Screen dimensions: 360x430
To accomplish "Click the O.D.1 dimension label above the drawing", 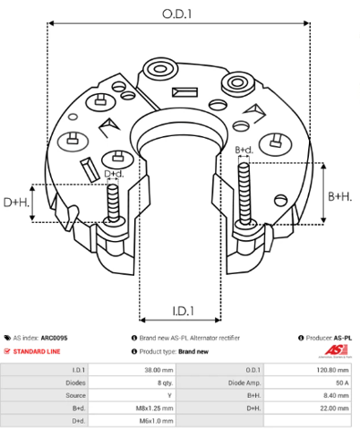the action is tap(176, 14).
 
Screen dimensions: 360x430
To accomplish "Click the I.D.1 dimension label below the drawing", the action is tap(184, 311).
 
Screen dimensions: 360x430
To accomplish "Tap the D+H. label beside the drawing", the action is tap(16, 202).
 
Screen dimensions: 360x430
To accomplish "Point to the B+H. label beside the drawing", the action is tap(340, 196).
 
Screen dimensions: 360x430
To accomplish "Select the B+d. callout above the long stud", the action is tap(244, 150).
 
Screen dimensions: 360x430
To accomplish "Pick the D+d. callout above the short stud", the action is tap(114, 174).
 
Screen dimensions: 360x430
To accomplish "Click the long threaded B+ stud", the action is tap(244, 194).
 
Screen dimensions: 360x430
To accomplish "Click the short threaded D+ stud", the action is tap(113, 203).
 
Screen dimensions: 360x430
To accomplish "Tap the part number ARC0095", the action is tap(54, 338).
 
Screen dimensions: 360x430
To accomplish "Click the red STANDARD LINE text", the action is tap(37, 351).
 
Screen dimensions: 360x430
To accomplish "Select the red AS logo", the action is tap(336, 350).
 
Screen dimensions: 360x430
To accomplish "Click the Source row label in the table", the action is tap(75, 395).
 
